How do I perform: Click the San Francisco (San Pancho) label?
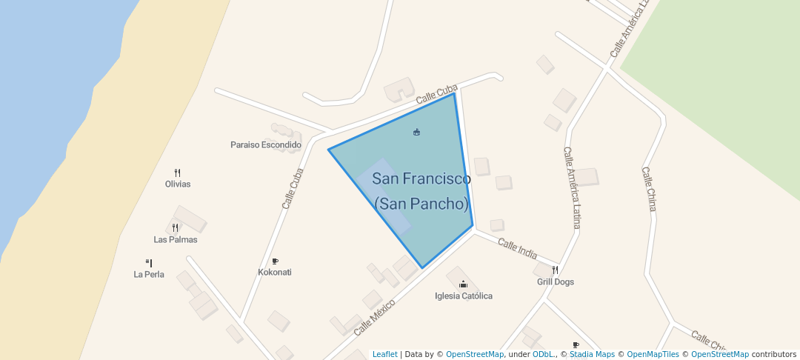click(x=421, y=191)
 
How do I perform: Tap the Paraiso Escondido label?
click(x=266, y=144)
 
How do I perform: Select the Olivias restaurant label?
click(x=178, y=184)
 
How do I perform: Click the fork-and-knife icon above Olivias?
click(x=178, y=173)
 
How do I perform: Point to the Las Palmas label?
click(x=176, y=239)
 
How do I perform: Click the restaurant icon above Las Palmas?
click(x=176, y=228)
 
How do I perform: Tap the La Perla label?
click(x=149, y=274)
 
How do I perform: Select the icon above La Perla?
click(x=149, y=263)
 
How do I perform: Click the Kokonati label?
click(x=275, y=272)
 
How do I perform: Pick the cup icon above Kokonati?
click(x=275, y=261)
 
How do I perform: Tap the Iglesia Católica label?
click(x=464, y=296)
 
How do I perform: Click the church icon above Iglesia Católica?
click(x=464, y=284)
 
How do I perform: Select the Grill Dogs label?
click(x=556, y=281)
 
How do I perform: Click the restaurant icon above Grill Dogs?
click(x=555, y=270)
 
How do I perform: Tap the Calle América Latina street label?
click(x=572, y=187)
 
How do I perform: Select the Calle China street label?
click(x=649, y=189)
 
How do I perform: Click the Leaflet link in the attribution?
click(x=384, y=354)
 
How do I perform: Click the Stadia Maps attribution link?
click(x=592, y=354)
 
